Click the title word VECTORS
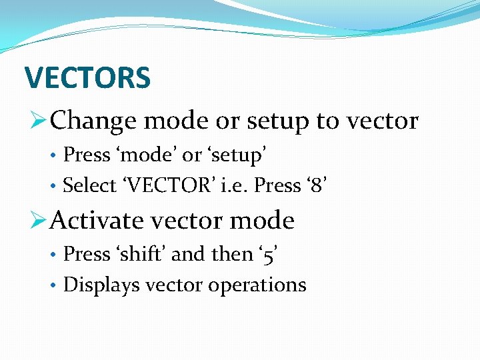[x=87, y=78]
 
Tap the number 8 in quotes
[x=317, y=185]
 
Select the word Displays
[x=101, y=285]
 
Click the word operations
[x=257, y=285]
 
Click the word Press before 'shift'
[x=87, y=254]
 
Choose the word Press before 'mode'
[x=87, y=155]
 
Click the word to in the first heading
[x=327, y=121]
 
